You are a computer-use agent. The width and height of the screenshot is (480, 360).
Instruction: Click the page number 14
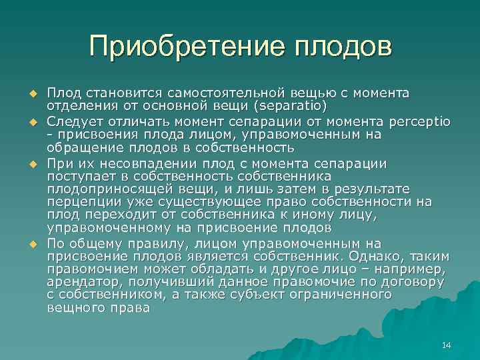(446, 344)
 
